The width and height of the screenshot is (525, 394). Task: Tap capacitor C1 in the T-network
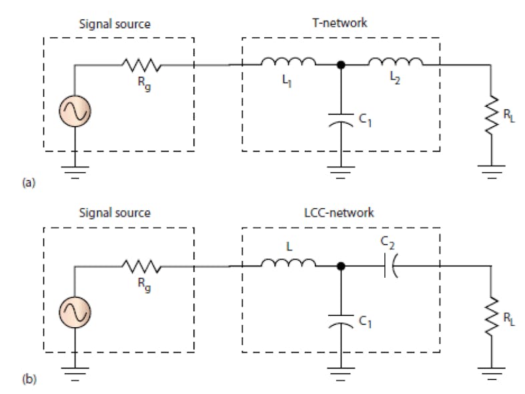[341, 122]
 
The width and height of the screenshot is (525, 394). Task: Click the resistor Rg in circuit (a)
[141, 65]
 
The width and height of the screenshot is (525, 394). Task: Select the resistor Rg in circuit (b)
[141, 266]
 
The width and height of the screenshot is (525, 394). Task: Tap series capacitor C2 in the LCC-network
[390, 266]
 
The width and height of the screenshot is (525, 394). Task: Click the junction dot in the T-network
[341, 65]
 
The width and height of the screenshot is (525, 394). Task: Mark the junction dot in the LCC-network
[341, 266]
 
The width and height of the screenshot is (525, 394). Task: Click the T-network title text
[340, 23]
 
